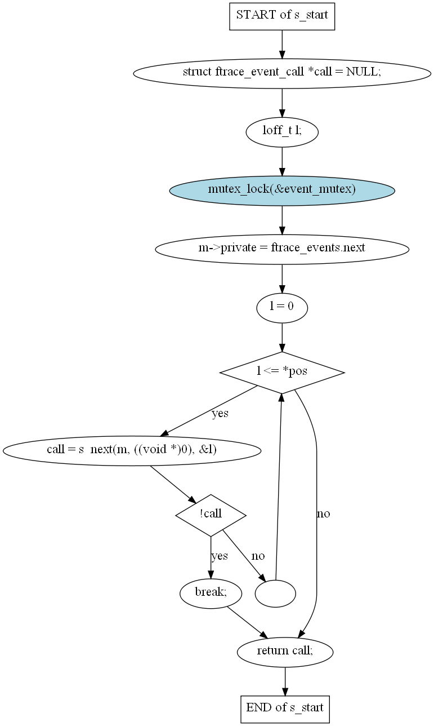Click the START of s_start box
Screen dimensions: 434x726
click(x=282, y=16)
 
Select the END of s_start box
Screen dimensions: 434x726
click(x=285, y=709)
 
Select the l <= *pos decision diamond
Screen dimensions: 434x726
click(x=282, y=373)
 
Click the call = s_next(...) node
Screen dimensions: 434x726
click(x=132, y=451)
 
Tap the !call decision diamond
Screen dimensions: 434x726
click(x=211, y=515)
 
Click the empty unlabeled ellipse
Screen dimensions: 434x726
click(x=275, y=594)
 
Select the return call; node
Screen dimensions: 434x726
click(x=285, y=652)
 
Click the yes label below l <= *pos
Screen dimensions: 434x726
click(x=220, y=413)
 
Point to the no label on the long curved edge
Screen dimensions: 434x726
click(x=323, y=513)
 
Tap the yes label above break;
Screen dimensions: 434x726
click(x=220, y=556)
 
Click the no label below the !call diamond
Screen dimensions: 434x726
click(x=258, y=556)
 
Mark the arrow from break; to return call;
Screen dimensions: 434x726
click(x=248, y=622)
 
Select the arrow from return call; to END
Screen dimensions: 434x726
click(x=285, y=681)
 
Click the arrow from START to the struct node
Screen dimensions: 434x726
click(x=282, y=45)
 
